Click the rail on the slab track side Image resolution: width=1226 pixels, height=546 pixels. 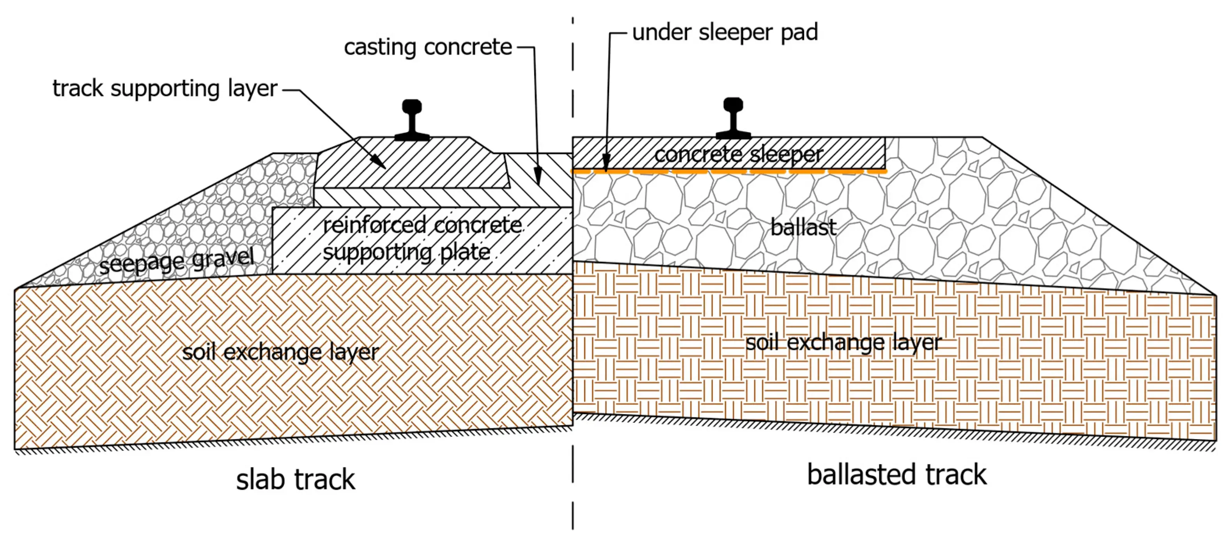coord(412,121)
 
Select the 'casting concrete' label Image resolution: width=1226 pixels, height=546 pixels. coord(427,48)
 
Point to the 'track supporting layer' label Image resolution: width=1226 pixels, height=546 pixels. coord(165,89)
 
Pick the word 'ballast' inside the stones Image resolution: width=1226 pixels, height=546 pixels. coord(803,227)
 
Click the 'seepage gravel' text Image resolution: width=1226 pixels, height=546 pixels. coord(177,261)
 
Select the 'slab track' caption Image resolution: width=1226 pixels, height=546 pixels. coord(295,479)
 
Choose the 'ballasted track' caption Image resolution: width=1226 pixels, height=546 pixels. coord(896,475)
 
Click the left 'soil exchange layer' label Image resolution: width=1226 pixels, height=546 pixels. coord(280,353)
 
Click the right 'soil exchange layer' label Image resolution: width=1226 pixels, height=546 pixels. coord(843,343)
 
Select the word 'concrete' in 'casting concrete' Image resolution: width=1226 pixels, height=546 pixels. coord(468,48)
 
